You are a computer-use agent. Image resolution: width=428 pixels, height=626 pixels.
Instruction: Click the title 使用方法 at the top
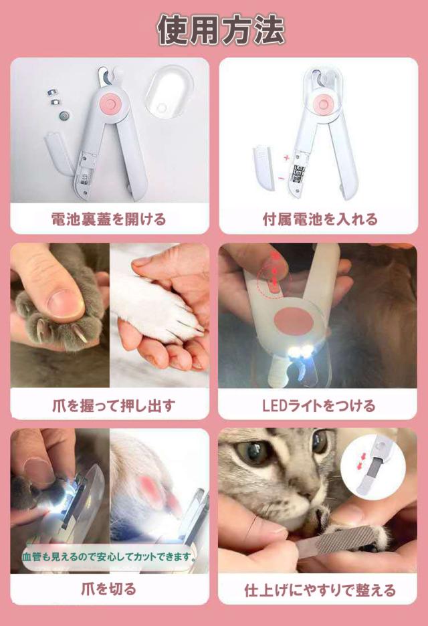pos(221,30)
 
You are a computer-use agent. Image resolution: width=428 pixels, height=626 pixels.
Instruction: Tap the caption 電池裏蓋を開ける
pos(108,219)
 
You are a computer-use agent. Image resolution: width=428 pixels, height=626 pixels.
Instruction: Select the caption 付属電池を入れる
pos(320,219)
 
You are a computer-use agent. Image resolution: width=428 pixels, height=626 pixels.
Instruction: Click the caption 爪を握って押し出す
pos(114,405)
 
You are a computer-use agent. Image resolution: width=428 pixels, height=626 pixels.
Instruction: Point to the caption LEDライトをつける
pos(318,405)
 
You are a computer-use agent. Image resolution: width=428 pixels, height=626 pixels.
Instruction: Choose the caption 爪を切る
pos(108,589)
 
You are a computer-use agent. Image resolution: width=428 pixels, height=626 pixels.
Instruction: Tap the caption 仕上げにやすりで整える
pos(320,590)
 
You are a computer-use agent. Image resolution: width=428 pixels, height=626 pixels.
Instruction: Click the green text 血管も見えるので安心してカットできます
pos(109,556)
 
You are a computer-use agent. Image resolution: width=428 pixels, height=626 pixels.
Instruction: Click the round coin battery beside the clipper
pos(64,116)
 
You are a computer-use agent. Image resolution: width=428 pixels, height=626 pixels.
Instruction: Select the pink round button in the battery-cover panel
pos(108,102)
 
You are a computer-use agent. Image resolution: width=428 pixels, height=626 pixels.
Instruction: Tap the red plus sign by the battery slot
pos(286,158)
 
